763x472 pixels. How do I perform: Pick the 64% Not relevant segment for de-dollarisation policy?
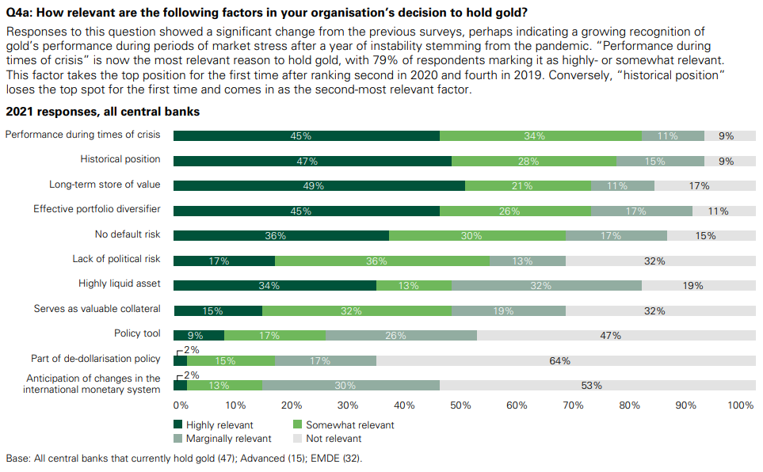tap(559, 361)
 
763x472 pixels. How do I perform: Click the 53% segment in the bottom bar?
tap(591, 386)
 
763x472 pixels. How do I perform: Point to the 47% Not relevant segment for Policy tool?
tap(609, 336)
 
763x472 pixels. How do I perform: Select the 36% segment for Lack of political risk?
tap(382, 261)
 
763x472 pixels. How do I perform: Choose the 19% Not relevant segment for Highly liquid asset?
tap(692, 286)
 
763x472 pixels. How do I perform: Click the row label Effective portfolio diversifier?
tap(97, 210)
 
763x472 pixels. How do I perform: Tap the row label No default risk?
tap(128, 235)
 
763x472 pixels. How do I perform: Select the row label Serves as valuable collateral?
tap(97, 309)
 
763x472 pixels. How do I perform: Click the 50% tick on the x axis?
tap(460, 405)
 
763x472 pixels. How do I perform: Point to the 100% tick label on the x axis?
tap(740, 405)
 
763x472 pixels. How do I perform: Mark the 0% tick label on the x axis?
tap(181, 405)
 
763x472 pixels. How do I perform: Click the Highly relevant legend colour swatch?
tap(178, 425)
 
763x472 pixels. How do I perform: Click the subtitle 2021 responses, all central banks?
tap(102, 112)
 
